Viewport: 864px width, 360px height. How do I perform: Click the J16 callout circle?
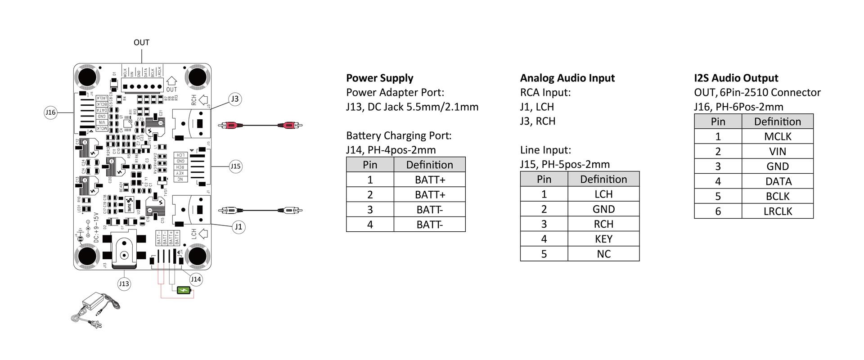pyautogui.click(x=50, y=112)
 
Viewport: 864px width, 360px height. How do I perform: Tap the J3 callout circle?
pyautogui.click(x=234, y=99)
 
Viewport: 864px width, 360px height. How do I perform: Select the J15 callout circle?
pyautogui.click(x=235, y=166)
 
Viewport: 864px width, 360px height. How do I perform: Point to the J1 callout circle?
pyautogui.click(x=238, y=227)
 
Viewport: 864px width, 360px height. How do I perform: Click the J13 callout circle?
pyautogui.click(x=124, y=284)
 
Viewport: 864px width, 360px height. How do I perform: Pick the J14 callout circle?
pyautogui.click(x=196, y=279)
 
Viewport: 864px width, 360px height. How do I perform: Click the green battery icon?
pyautogui.click(x=184, y=290)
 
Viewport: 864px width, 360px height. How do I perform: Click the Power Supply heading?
pyautogui.click(x=379, y=78)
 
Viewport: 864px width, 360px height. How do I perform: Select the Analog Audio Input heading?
pyautogui.click(x=567, y=78)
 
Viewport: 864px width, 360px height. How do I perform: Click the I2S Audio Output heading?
pyautogui.click(x=736, y=78)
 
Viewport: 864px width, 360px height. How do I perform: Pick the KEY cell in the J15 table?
pyautogui.click(x=603, y=239)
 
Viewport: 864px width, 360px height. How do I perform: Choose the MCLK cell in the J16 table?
pyautogui.click(x=777, y=136)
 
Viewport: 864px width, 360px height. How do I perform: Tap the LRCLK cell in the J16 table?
pyautogui.click(x=777, y=211)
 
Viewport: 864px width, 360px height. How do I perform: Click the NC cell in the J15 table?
pyautogui.click(x=603, y=254)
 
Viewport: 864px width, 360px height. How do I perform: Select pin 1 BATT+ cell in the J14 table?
pyautogui.click(x=429, y=180)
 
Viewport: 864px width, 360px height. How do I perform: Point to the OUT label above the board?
pyautogui.click(x=141, y=42)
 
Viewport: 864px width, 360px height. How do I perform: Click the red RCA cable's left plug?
pyautogui.click(x=229, y=126)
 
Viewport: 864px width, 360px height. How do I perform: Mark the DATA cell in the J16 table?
pyautogui.click(x=777, y=181)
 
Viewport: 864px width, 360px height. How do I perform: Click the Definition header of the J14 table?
pyautogui.click(x=429, y=165)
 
